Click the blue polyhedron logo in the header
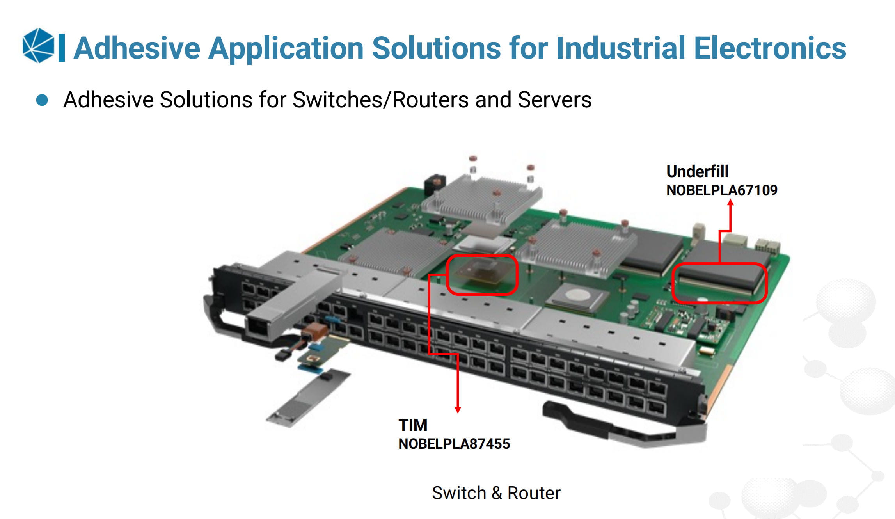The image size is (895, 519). click(38, 46)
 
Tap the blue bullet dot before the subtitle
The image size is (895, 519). click(42, 100)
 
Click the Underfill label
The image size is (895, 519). click(697, 171)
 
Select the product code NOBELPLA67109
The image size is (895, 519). click(722, 190)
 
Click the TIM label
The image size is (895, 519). click(413, 425)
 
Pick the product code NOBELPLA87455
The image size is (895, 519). click(454, 444)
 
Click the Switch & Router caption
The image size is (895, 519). click(496, 493)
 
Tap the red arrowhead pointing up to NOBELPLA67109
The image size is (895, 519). click(731, 203)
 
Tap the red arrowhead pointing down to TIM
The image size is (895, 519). click(458, 409)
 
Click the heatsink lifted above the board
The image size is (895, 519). click(482, 199)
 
